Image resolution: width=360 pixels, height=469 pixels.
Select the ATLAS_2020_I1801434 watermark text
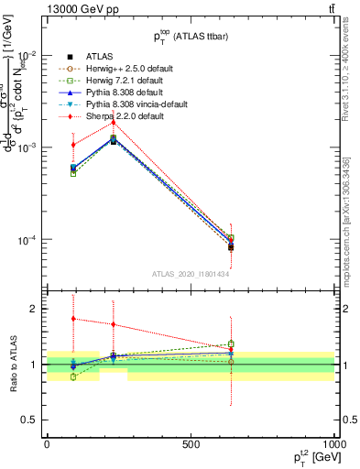(190, 274)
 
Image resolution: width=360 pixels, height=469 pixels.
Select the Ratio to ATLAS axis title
(12, 364)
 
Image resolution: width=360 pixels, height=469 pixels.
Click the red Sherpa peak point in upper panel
(114, 122)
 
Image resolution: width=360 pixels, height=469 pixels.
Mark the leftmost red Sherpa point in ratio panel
(73, 319)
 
